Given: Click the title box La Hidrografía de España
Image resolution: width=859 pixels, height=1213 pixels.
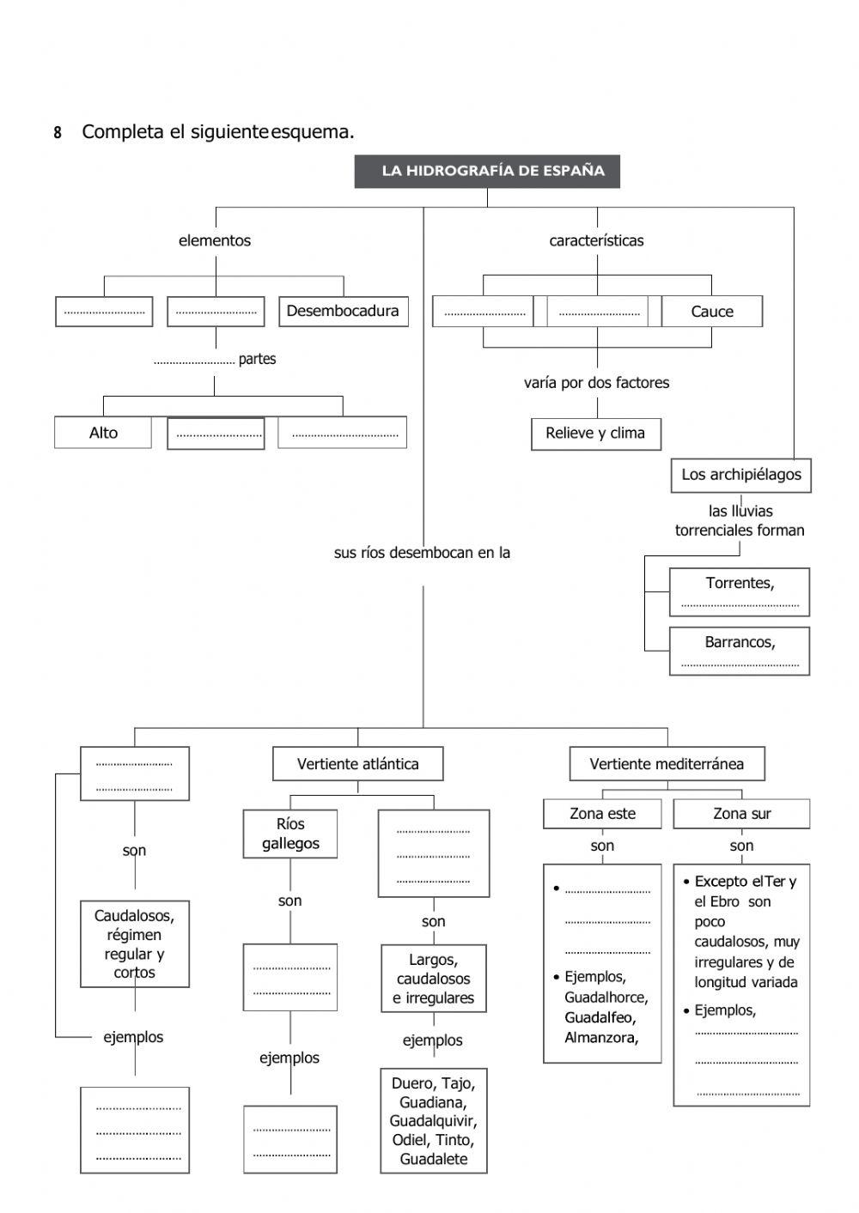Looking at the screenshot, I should pos(487,171).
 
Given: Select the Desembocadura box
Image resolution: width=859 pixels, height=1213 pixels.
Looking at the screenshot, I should pos(343,311).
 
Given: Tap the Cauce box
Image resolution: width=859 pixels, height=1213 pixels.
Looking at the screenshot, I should pos(712,312).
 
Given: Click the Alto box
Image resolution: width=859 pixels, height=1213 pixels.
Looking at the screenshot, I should pos(103,433).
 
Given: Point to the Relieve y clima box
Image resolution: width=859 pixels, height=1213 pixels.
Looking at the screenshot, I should pos(595,434).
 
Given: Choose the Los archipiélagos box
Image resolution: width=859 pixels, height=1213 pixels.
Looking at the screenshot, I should pos(740,475).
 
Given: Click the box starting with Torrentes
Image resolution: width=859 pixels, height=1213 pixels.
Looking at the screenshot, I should pos(740,591).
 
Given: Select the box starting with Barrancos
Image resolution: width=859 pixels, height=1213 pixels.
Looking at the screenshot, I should pos(740,651).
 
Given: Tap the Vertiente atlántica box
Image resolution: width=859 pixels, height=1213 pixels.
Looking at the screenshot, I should pos(358,764).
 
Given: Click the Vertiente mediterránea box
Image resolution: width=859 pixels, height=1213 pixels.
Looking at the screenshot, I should pos(667,764).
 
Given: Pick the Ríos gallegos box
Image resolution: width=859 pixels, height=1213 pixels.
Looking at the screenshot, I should pos(290,834).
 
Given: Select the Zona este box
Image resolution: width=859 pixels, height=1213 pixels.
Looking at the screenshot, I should pos(602,814).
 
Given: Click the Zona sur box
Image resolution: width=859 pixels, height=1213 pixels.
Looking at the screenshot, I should pos(741,814).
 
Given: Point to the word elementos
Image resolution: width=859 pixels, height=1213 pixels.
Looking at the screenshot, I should pos(215,241).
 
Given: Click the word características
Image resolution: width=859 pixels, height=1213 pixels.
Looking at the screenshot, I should pos(596,241).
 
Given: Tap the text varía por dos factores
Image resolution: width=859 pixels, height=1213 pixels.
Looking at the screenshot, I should pos(596,383).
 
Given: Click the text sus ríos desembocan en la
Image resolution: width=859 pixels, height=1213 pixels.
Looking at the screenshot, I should pos(422,553).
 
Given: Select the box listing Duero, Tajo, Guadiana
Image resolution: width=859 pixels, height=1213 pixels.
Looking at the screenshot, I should pos(434,1120).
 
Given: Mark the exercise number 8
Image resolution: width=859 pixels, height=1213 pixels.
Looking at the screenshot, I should pos(58,133).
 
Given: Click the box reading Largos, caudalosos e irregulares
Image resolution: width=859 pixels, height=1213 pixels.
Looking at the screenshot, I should pos(434,979).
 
